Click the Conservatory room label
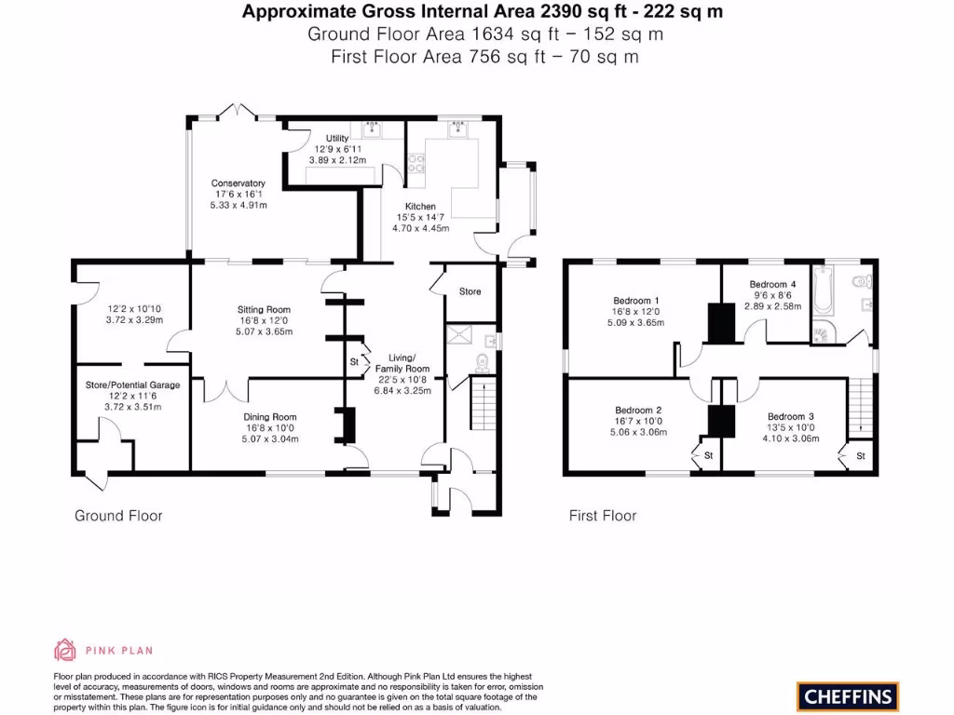(238, 183)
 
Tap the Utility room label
(336, 139)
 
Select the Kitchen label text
(419, 207)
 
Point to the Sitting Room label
(264, 310)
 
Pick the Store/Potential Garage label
(131, 384)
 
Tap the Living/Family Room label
(402, 363)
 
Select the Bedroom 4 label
(773, 284)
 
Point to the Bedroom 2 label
(638, 411)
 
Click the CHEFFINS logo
(848, 695)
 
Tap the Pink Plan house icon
(65, 650)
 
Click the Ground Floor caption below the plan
(118, 516)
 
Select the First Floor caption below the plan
(603, 516)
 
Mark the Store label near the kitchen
(470, 291)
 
